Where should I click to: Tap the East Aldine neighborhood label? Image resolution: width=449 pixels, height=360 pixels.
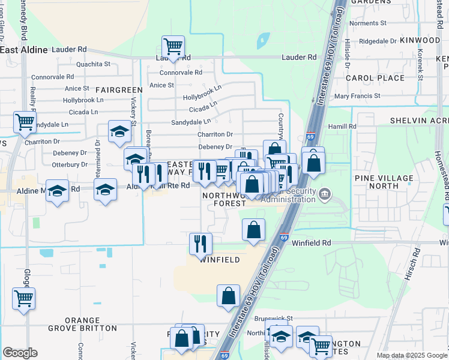[x=24, y=50]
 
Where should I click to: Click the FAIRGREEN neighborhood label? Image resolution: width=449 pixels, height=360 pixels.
[x=118, y=90]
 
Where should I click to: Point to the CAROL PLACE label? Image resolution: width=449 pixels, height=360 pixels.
[x=375, y=78]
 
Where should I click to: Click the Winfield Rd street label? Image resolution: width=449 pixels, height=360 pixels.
[x=312, y=243]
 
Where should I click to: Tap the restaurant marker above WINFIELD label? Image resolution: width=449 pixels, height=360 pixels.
[x=200, y=243]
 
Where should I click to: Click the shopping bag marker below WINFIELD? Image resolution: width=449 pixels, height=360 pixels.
[x=228, y=296]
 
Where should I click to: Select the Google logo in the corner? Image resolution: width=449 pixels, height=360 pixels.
[x=19, y=353]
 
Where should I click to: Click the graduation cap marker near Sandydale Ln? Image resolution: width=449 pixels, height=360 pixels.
[x=119, y=131]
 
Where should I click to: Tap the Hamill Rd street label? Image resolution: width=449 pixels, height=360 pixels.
[x=342, y=127]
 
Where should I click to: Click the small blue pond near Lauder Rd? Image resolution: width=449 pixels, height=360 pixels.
[x=262, y=41]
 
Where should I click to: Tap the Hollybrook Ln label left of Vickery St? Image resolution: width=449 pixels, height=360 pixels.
[x=83, y=100]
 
